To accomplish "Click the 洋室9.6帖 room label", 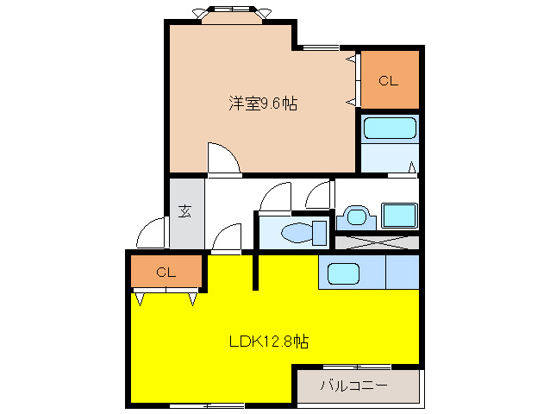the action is (263, 103).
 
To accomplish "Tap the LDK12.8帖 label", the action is (269, 341).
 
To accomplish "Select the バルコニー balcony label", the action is (354, 386).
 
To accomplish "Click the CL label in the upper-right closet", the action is (388, 81).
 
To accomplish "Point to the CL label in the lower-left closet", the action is (166, 273).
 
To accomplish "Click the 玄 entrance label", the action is (184, 211).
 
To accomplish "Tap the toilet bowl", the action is (297, 233).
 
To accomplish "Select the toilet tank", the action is (319, 233).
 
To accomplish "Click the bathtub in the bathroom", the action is (390, 128).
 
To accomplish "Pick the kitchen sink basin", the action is (343, 273).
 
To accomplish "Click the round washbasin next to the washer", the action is (356, 216).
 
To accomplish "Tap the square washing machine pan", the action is (399, 216).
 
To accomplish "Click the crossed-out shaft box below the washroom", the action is (377, 242).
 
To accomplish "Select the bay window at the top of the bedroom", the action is (232, 15).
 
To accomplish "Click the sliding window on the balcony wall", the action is (357, 367).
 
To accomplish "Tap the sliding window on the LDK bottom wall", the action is (207, 406).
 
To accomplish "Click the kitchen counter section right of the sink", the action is (403, 272).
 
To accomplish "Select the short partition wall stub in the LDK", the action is (256, 270).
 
